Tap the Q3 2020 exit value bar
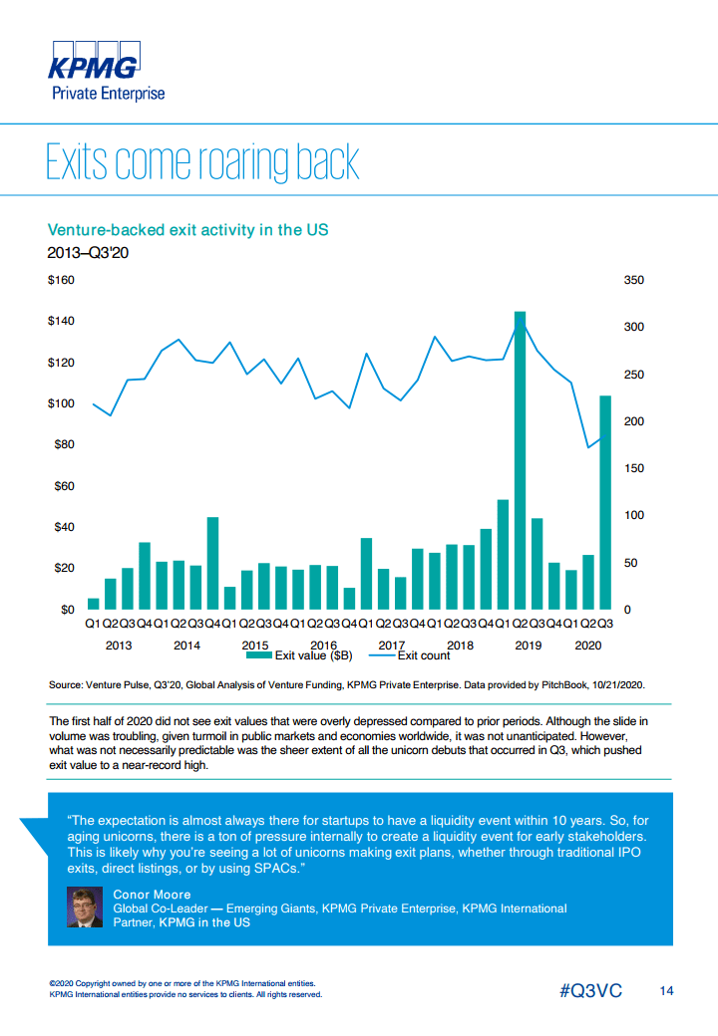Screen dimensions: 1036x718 [604, 502]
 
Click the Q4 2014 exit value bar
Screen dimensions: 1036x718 [212, 563]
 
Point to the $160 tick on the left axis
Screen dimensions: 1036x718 [62, 281]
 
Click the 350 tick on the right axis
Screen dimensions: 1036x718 [633, 281]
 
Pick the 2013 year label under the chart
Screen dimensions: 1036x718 [119, 645]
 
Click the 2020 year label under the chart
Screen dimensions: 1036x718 [588, 645]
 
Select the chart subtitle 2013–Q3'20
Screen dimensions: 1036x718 [89, 252]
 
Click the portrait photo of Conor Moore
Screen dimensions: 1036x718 [83, 906]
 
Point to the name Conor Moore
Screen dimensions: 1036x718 [152, 895]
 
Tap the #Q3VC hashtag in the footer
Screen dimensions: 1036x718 [589, 991]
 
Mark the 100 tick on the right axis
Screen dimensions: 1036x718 [633, 515]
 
